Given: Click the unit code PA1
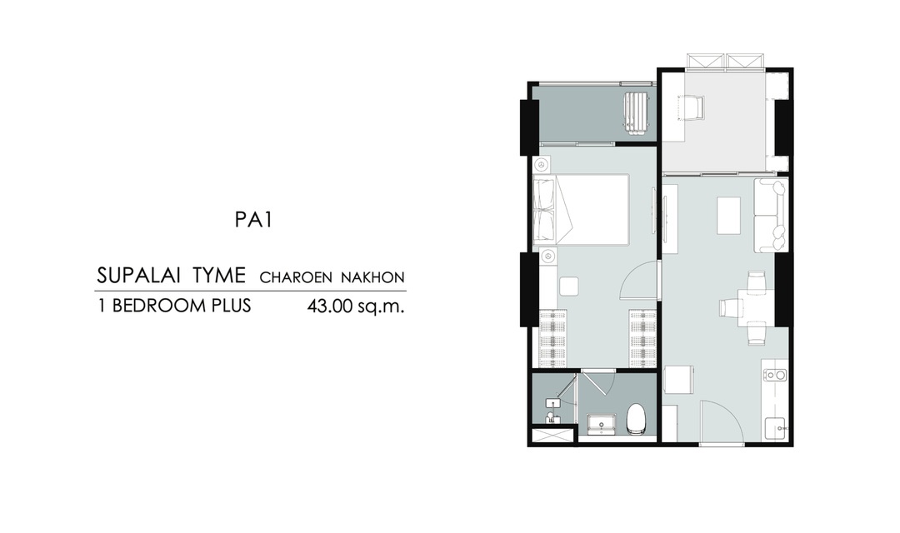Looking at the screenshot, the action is click(x=253, y=220).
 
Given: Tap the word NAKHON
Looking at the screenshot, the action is click(x=372, y=277).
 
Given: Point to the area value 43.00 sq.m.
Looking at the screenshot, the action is click(x=356, y=306).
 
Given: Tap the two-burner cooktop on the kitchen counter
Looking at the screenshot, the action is click(x=775, y=376).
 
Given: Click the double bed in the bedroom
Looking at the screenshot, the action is click(x=580, y=209).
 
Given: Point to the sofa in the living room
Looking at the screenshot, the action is click(x=770, y=215).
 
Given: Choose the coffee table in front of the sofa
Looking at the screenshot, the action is click(x=728, y=215).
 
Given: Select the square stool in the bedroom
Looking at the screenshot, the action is click(x=569, y=286).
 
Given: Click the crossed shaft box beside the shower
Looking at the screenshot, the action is click(x=553, y=435).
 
